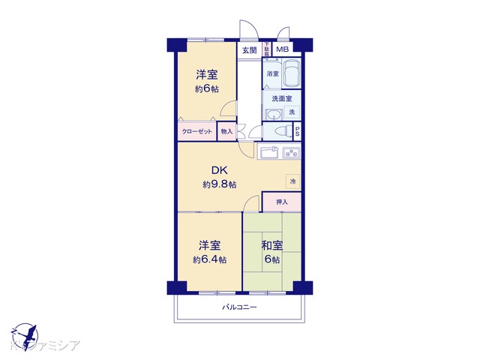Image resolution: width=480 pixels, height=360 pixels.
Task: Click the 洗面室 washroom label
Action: (x=281, y=98)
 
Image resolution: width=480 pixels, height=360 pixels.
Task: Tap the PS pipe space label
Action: (x=298, y=131)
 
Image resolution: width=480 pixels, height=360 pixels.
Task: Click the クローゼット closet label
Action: (x=197, y=131)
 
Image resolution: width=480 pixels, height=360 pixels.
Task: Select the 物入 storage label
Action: (x=226, y=131)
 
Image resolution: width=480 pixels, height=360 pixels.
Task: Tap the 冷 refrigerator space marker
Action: (x=292, y=181)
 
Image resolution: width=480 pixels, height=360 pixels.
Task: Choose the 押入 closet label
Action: (x=282, y=202)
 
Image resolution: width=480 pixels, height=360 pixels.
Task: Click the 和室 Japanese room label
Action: (x=271, y=245)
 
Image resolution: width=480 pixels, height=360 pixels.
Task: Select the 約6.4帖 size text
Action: (x=208, y=259)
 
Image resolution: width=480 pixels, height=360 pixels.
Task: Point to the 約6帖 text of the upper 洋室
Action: (x=206, y=89)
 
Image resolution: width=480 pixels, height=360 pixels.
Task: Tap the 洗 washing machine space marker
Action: (x=292, y=112)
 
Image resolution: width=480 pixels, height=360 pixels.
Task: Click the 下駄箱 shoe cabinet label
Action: (x=265, y=49)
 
